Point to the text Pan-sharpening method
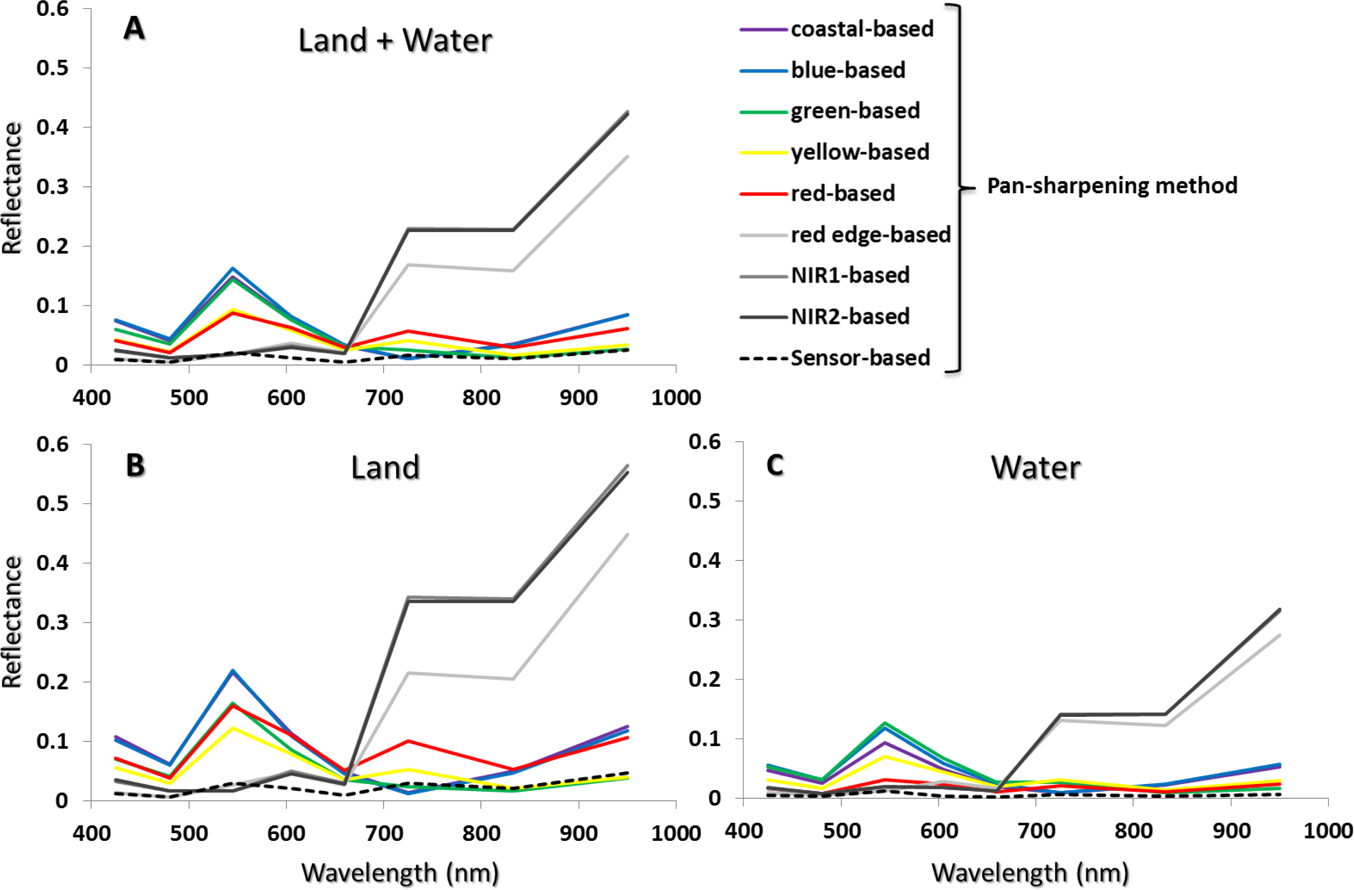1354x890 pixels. (x=1112, y=186)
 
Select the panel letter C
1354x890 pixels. (x=775, y=466)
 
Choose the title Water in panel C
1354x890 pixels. (x=1035, y=468)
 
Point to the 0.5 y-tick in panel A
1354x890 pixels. (x=52, y=68)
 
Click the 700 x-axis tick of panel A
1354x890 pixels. (x=384, y=397)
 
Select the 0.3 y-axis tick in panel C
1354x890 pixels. (x=704, y=620)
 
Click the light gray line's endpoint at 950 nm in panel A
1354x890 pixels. (x=628, y=156)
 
